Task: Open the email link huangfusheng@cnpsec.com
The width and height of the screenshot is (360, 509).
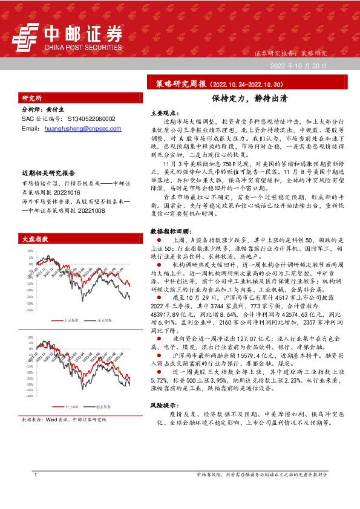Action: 79,129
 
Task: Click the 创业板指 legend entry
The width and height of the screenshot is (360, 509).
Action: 104,408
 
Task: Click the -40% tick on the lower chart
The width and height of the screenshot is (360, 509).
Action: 29,397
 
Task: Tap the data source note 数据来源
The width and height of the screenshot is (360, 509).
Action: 64,419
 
